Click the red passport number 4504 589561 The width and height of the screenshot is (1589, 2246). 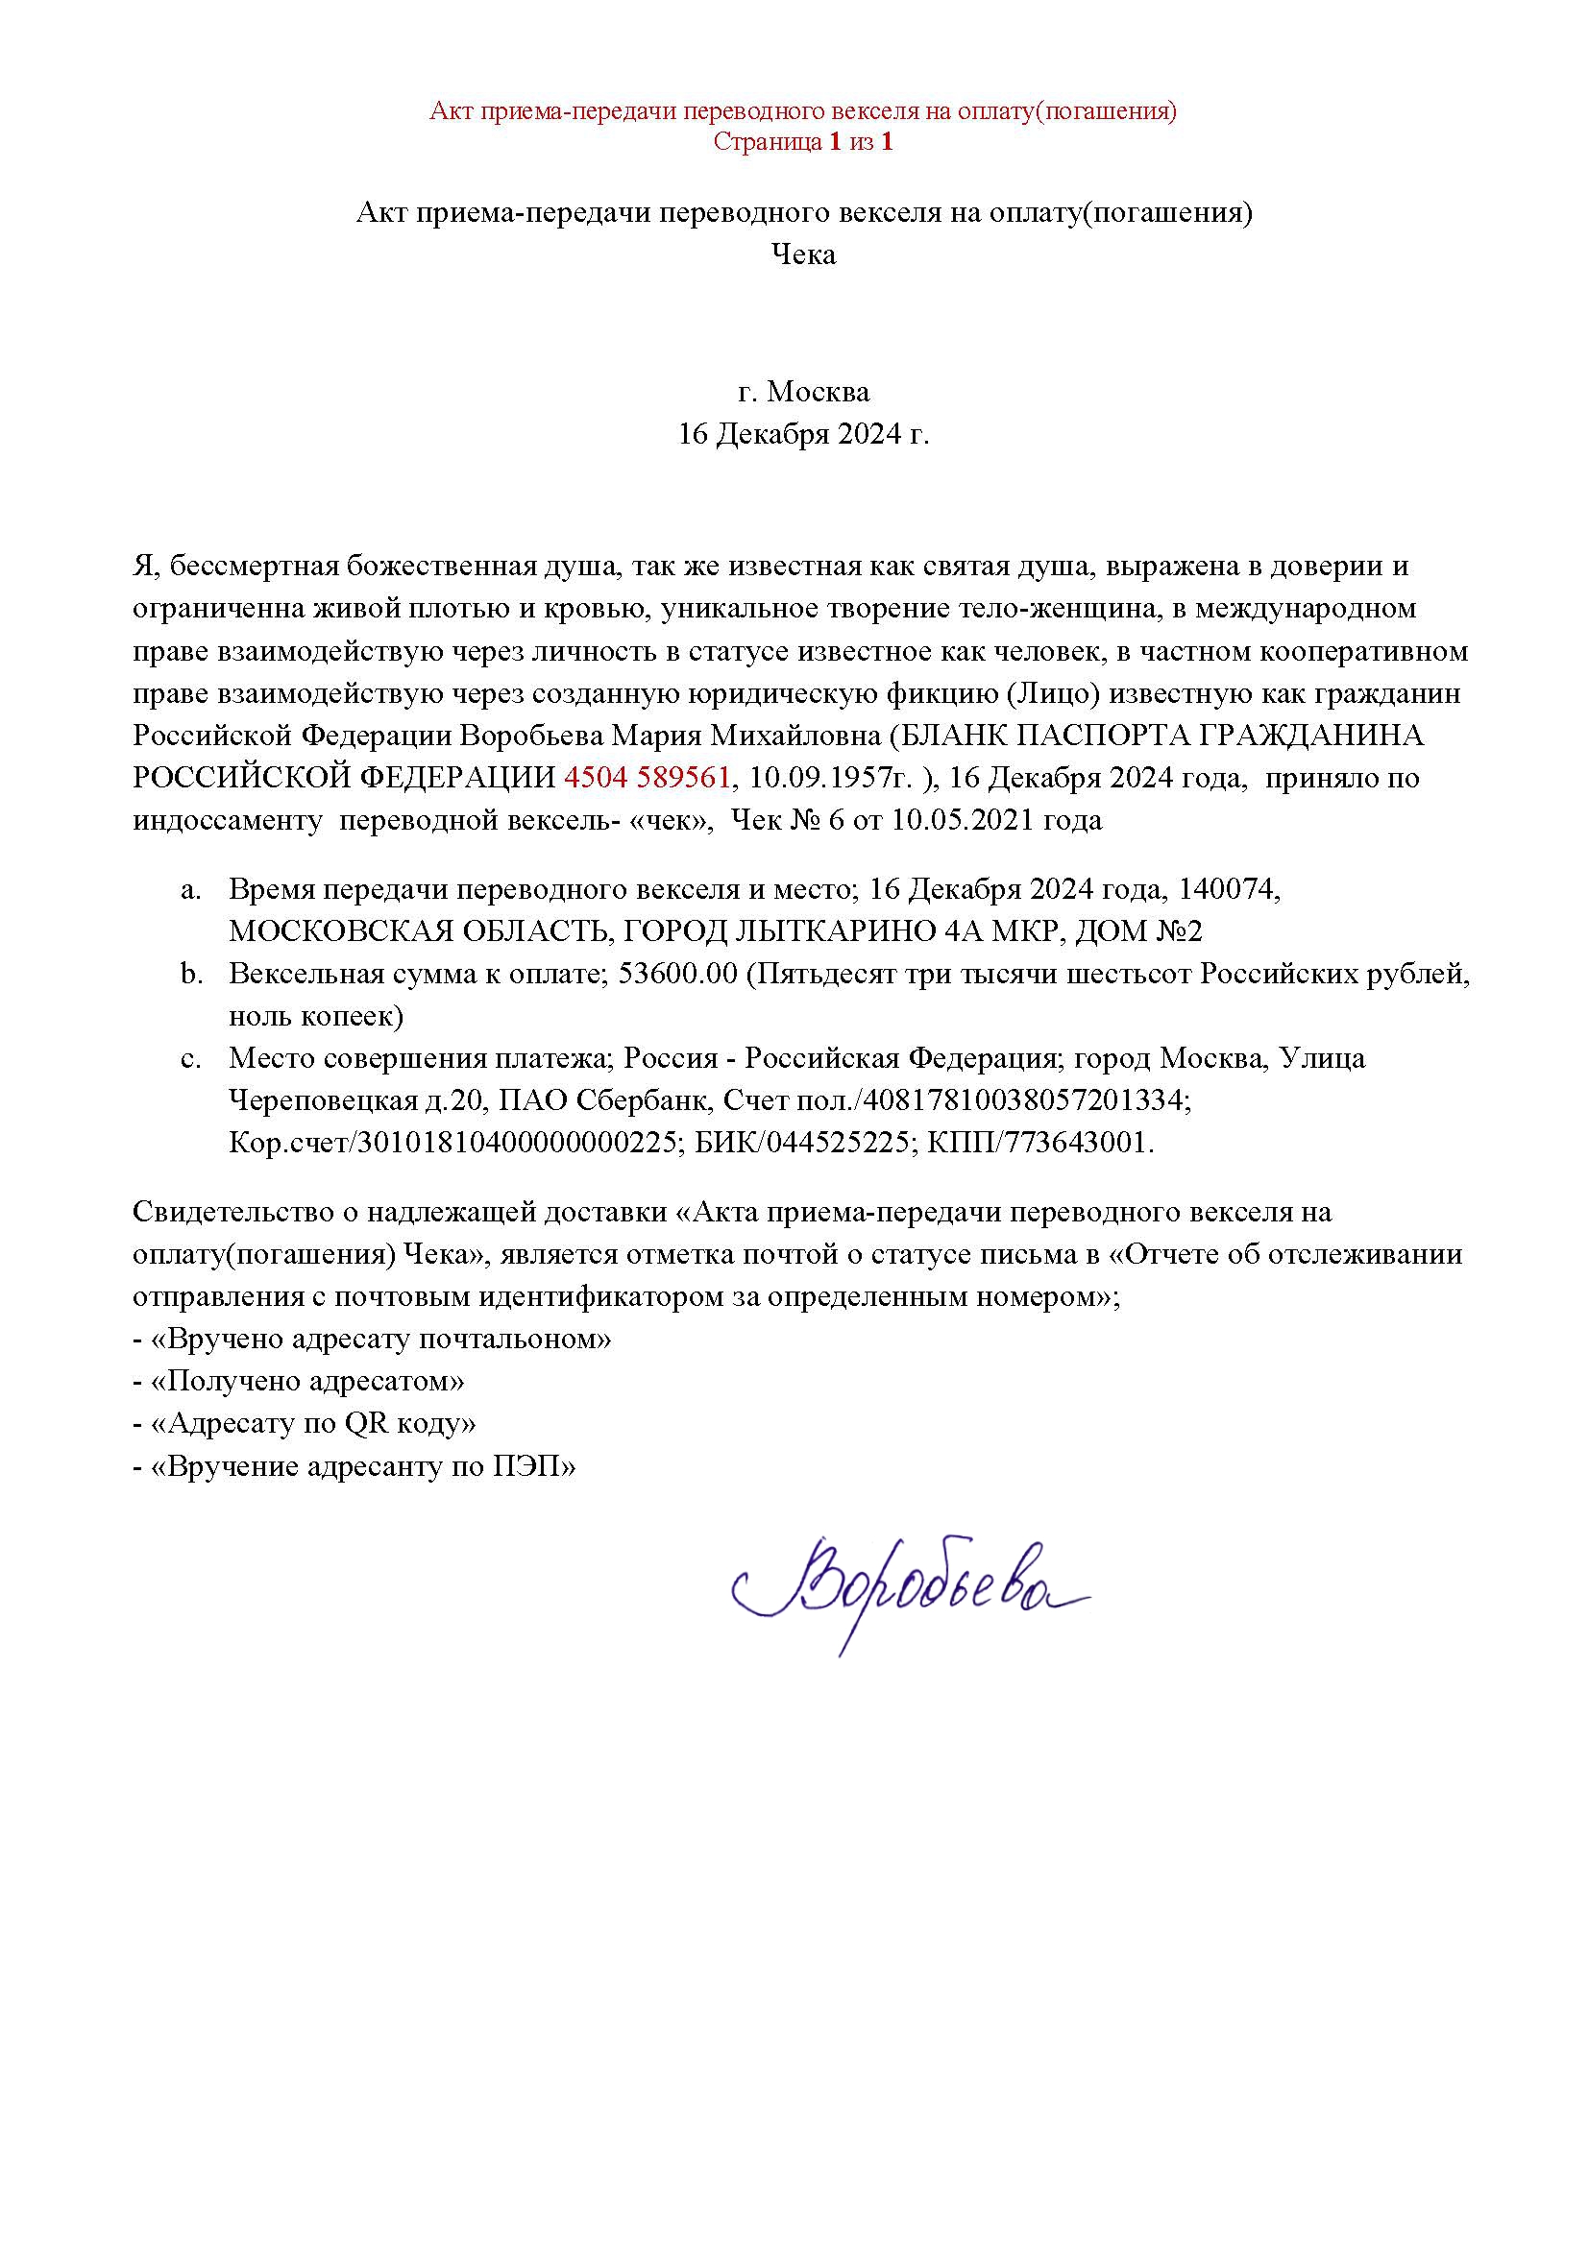[647, 778]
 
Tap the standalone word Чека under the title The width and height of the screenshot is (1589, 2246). [803, 255]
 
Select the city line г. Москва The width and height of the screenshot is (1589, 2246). [803, 393]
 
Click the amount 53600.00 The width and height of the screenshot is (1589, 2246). [678, 975]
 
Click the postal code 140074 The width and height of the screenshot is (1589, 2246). [1228, 889]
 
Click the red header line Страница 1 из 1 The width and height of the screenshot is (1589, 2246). [803, 142]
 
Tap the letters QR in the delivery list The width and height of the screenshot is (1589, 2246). [366, 1423]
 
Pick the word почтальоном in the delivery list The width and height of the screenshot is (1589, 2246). [515, 1339]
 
